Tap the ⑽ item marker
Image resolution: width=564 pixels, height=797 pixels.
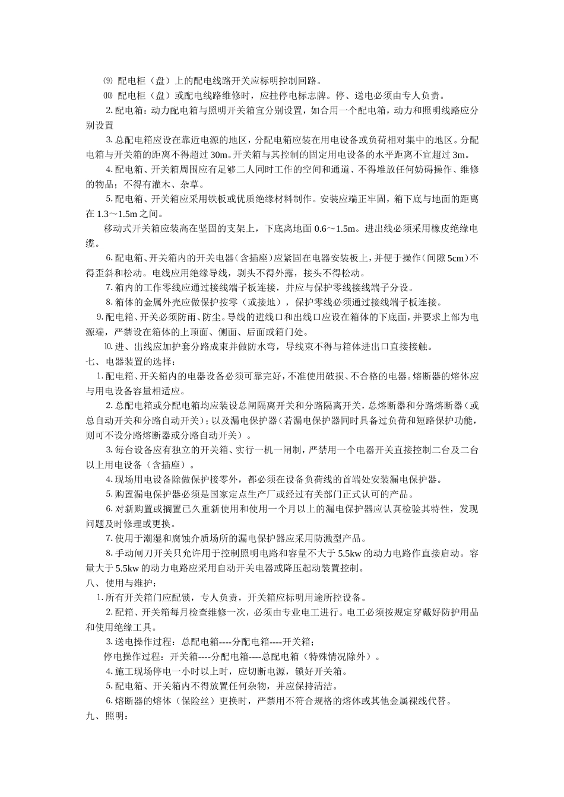[107, 95]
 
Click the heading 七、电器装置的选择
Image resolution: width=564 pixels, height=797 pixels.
[131, 362]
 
